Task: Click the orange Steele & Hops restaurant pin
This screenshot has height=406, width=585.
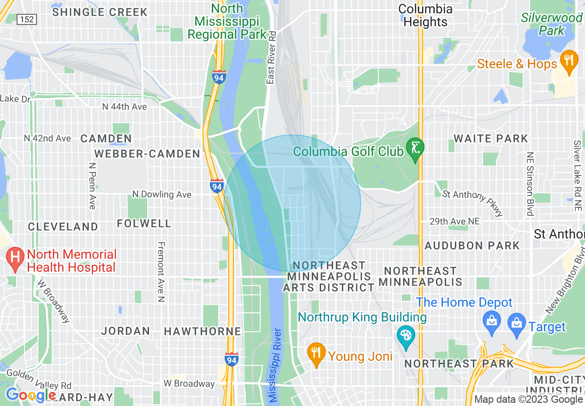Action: coord(569,61)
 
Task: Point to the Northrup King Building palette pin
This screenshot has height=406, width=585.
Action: coord(406,337)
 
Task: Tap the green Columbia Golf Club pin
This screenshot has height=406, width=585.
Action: coord(415,149)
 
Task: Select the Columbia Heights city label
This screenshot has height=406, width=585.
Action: coord(425,16)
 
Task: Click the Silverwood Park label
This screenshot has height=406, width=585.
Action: coord(552,24)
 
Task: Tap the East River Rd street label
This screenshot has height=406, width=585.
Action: coord(271,58)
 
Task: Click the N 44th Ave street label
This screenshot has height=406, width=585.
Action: coord(125,107)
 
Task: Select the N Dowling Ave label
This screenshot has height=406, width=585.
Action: coord(161,195)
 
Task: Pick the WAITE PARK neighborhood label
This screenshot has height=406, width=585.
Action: coord(491,138)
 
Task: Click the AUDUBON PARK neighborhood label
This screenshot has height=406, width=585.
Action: coord(472,245)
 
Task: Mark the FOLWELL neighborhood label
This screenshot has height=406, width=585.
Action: coord(144,224)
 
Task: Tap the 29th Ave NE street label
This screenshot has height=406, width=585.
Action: coord(454,222)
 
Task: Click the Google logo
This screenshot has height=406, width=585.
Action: coord(30,395)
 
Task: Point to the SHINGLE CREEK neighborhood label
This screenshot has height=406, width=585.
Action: coord(100,12)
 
